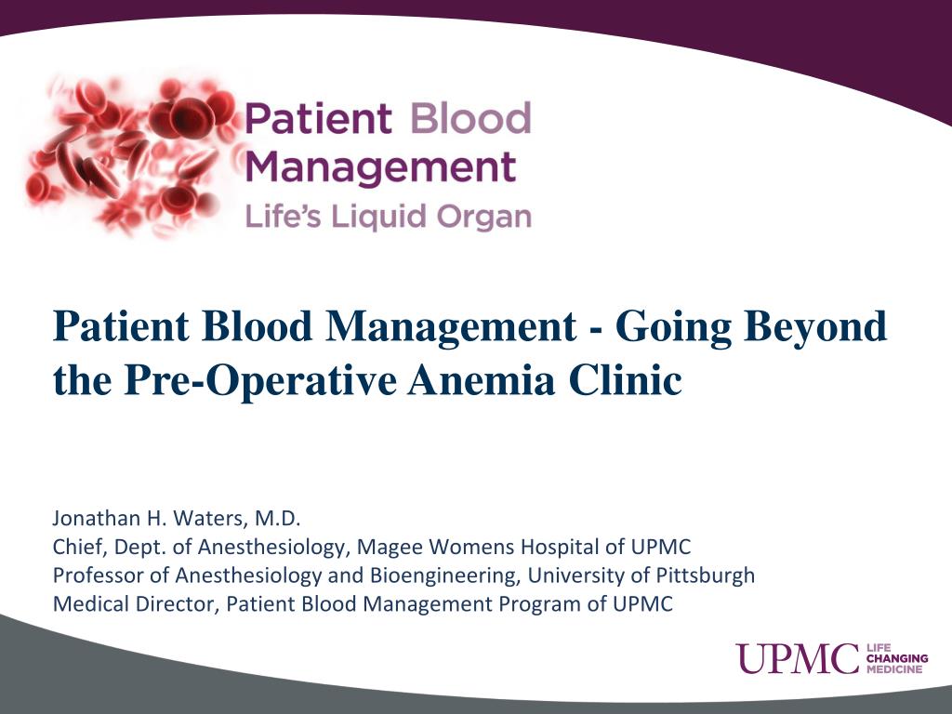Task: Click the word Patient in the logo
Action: (317, 120)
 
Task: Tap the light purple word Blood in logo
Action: (469, 120)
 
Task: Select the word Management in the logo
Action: (381, 168)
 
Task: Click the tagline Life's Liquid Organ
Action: (388, 217)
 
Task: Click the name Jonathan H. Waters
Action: (143, 518)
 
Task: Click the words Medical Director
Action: (134, 604)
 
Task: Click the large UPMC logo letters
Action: (798, 658)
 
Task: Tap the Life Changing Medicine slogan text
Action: (896, 658)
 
